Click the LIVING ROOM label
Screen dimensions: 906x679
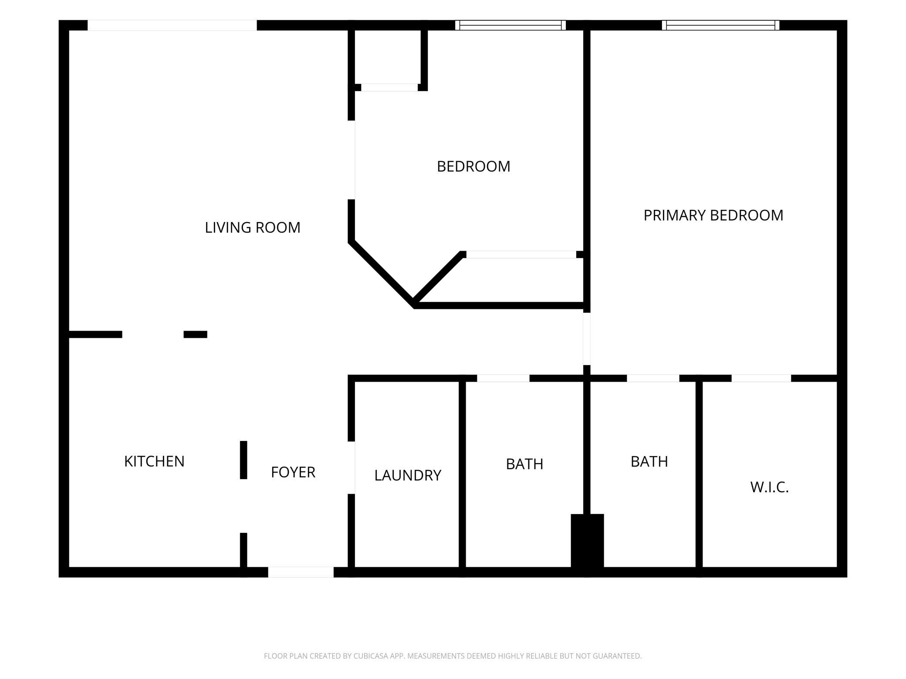pos(253,228)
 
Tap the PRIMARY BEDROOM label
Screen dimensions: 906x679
pos(713,215)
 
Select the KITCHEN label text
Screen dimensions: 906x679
pos(154,461)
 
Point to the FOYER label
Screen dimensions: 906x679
pos(293,472)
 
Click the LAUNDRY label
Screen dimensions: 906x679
pos(408,475)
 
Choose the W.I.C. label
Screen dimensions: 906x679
pos(770,487)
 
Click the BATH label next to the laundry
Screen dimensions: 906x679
pos(524,464)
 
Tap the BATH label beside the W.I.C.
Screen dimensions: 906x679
pos(649,462)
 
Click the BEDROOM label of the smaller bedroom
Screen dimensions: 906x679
pos(473,167)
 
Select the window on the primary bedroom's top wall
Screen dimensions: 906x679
pos(720,25)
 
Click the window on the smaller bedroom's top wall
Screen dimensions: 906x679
pos(510,25)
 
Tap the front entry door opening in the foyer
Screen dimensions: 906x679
pos(301,572)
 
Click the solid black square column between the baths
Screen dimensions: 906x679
pos(587,541)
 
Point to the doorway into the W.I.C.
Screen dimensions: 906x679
pos(761,378)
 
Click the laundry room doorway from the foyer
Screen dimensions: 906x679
pos(352,467)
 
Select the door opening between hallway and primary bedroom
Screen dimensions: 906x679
pos(587,339)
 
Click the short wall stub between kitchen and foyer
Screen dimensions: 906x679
pos(243,460)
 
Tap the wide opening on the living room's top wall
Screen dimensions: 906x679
pos(172,25)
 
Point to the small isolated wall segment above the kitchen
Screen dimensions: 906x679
pos(195,334)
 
